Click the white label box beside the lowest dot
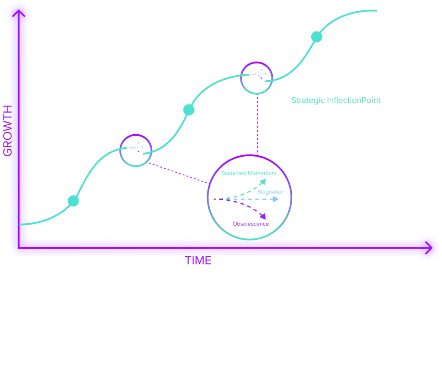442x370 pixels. pyautogui.click(x=102, y=211)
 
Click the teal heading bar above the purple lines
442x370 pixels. pyautogui.click(x=335, y=103)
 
